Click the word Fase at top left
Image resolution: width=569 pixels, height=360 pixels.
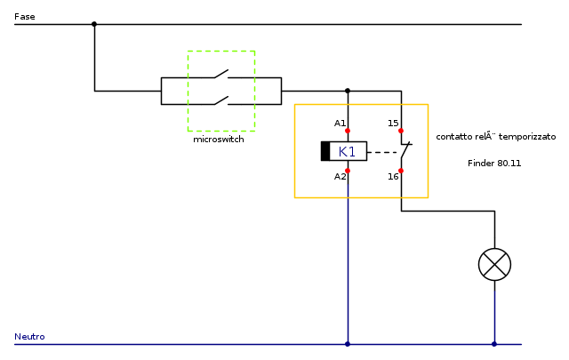(25, 17)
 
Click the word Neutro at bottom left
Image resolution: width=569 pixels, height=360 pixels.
(29, 337)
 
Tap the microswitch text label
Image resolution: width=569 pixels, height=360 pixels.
(219, 140)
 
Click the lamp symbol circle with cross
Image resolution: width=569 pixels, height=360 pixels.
(494, 264)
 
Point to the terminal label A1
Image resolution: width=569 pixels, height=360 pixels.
(340, 123)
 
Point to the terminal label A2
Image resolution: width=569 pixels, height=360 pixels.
(340, 176)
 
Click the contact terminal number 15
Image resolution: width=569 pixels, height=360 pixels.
(393, 123)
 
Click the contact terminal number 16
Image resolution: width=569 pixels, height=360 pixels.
(393, 176)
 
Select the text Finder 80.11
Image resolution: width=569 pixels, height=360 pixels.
(494, 164)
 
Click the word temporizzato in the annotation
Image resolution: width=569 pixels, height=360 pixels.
(526, 138)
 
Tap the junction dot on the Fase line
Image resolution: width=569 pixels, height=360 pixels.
(94, 24)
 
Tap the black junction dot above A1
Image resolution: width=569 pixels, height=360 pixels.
(348, 90)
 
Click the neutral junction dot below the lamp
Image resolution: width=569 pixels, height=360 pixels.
(494, 344)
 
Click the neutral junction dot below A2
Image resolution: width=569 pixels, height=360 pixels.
(348, 344)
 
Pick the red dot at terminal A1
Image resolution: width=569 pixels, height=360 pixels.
(348, 131)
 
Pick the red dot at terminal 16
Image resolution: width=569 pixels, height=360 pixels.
(401, 170)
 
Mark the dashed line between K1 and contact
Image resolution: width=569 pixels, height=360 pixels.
(382, 152)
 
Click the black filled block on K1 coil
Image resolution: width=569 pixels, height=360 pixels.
(325, 151)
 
